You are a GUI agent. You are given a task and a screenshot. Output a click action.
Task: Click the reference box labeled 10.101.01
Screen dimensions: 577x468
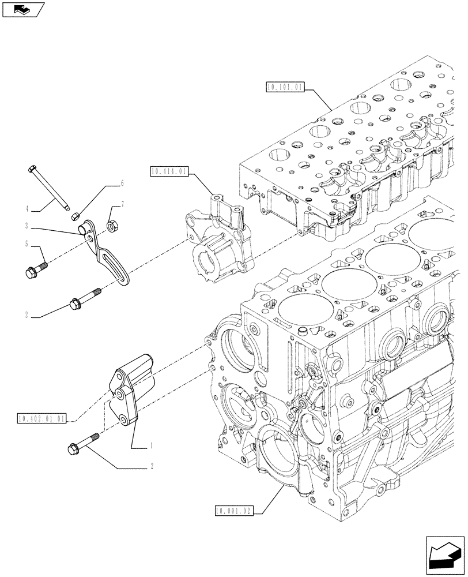click(x=284, y=87)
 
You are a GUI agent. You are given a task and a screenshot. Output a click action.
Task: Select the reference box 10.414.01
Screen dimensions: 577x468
click(x=168, y=171)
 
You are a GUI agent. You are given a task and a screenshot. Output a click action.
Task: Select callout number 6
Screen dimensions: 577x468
click(x=122, y=183)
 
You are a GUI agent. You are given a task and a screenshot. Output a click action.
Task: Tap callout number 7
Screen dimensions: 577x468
click(x=122, y=204)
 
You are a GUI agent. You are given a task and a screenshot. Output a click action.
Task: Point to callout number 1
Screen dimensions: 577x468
click(x=151, y=445)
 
